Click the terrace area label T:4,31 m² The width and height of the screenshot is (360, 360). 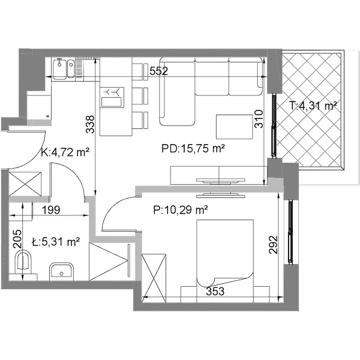(313, 106)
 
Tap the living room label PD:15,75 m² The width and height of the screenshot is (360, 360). (193, 149)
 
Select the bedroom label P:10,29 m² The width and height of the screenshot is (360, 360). (181, 210)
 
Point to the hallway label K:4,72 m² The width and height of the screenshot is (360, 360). (65, 152)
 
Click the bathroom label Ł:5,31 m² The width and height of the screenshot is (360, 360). (56, 242)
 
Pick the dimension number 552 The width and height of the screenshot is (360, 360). (158, 71)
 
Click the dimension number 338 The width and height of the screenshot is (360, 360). (90, 124)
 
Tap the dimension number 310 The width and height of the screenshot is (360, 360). (259, 119)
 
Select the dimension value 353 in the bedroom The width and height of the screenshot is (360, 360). (215, 292)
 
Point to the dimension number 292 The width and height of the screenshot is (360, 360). (273, 245)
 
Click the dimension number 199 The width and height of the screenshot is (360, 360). (51, 210)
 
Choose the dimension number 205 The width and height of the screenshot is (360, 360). (17, 239)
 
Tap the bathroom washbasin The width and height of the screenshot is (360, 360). (61, 272)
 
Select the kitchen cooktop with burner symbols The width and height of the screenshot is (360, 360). (112, 97)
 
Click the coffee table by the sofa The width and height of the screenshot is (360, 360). (235, 127)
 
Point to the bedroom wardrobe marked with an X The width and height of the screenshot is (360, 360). (154, 278)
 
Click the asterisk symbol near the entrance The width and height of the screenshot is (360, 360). (48, 116)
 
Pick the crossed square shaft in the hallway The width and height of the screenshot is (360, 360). (25, 184)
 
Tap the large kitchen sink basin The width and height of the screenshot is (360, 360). (59, 69)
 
